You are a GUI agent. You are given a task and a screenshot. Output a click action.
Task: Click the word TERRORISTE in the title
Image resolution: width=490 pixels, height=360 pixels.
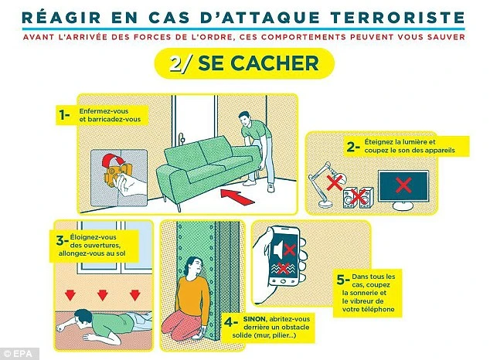[393, 18]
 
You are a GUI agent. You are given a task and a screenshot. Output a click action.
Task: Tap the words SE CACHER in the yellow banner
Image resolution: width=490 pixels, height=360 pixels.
[258, 63]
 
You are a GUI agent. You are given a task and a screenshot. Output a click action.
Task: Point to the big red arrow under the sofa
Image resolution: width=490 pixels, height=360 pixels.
[237, 196]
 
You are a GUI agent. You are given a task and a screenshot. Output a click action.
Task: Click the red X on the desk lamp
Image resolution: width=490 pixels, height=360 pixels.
[335, 182]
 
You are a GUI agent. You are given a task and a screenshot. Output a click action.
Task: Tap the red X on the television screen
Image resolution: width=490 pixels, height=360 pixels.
[403, 185]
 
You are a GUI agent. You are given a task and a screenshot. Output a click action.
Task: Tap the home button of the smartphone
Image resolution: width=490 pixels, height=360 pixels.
[283, 281]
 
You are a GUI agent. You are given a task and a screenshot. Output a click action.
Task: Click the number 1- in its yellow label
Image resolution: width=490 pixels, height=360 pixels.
[64, 115]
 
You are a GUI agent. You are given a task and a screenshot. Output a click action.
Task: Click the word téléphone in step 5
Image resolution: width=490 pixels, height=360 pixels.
[378, 310]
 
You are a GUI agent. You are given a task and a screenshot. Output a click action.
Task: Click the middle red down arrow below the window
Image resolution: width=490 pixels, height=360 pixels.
[103, 295]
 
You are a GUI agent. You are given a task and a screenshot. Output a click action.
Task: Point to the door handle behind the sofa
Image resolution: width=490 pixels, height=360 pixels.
[182, 138]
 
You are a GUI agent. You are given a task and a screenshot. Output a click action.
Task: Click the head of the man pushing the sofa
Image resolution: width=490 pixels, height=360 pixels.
[245, 119]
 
